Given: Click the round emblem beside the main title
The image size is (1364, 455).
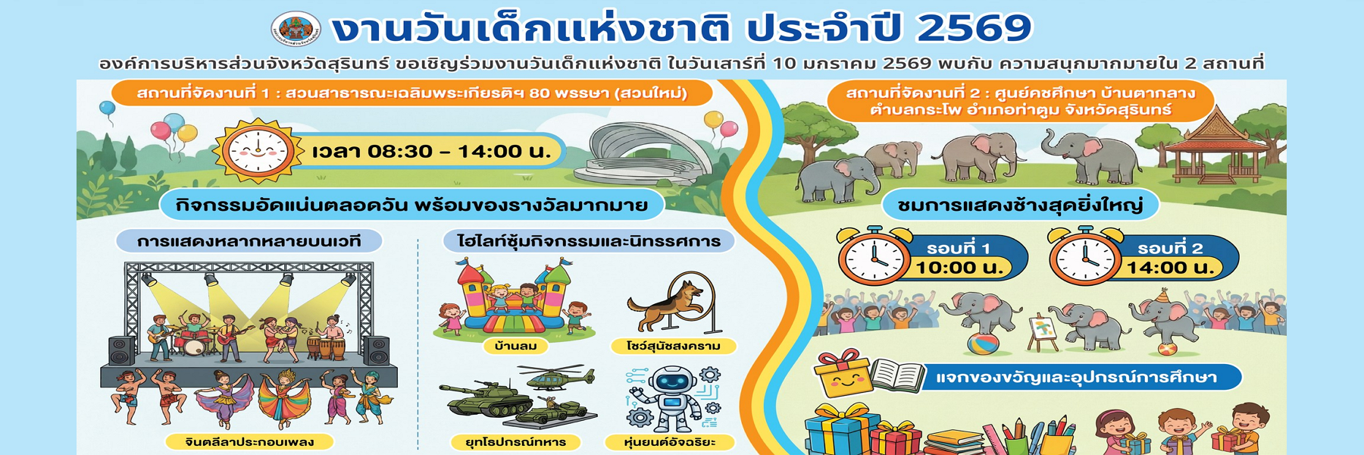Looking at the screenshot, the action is pos(296,29).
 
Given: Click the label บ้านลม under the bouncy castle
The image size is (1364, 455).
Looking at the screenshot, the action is pos(515,346).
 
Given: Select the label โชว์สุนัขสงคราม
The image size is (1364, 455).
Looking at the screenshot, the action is pos(673,346).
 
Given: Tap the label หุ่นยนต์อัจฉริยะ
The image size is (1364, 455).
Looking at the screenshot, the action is pos(670,442).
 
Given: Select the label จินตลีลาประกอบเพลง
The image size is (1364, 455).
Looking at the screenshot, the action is pos(250,441).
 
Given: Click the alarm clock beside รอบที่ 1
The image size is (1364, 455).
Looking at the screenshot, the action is pos(874,256).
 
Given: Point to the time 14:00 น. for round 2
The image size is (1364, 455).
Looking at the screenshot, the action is pos(1170,268).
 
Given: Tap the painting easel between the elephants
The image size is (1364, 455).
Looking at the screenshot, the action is pos(1044,333).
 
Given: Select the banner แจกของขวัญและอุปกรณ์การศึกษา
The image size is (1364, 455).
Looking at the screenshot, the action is pos(1076,377).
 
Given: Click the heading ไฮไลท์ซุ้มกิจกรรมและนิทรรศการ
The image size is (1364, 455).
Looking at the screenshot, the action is pos(589,241).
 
